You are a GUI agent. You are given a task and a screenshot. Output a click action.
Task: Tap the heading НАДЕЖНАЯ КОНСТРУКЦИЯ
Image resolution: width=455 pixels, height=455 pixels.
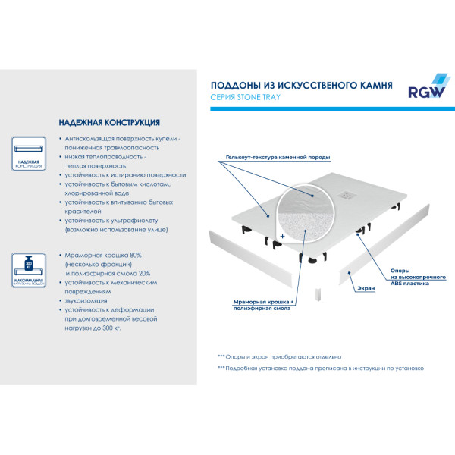108,122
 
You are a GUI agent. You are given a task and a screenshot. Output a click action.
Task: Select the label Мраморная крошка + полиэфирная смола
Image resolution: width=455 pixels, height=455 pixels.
263,306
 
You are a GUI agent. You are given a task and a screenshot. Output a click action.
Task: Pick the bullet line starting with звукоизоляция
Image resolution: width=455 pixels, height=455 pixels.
86,300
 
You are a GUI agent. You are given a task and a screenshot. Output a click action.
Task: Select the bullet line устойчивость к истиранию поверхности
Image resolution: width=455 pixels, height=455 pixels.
125,174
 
